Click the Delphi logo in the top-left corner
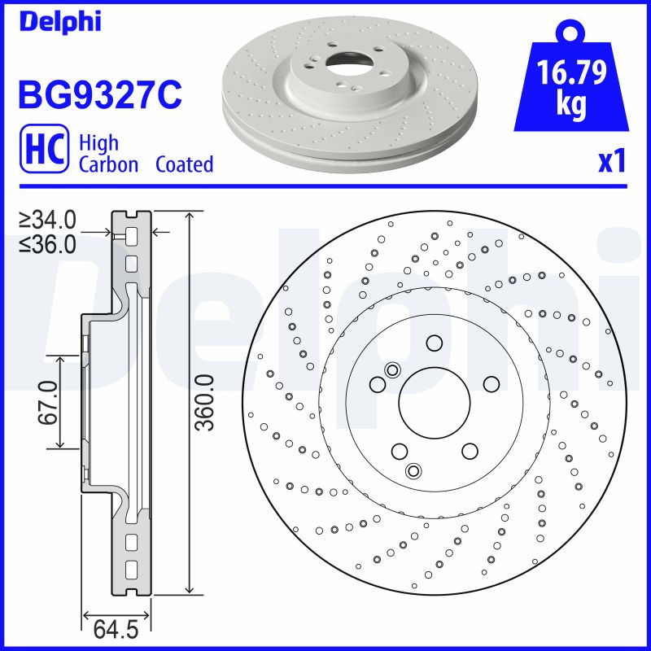(x=59, y=21)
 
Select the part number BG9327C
(x=99, y=95)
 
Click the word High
(x=98, y=143)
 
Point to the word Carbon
(x=108, y=164)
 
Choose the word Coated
(x=184, y=164)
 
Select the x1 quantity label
(x=612, y=162)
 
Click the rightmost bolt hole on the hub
(x=490, y=383)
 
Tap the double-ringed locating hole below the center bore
(x=413, y=470)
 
